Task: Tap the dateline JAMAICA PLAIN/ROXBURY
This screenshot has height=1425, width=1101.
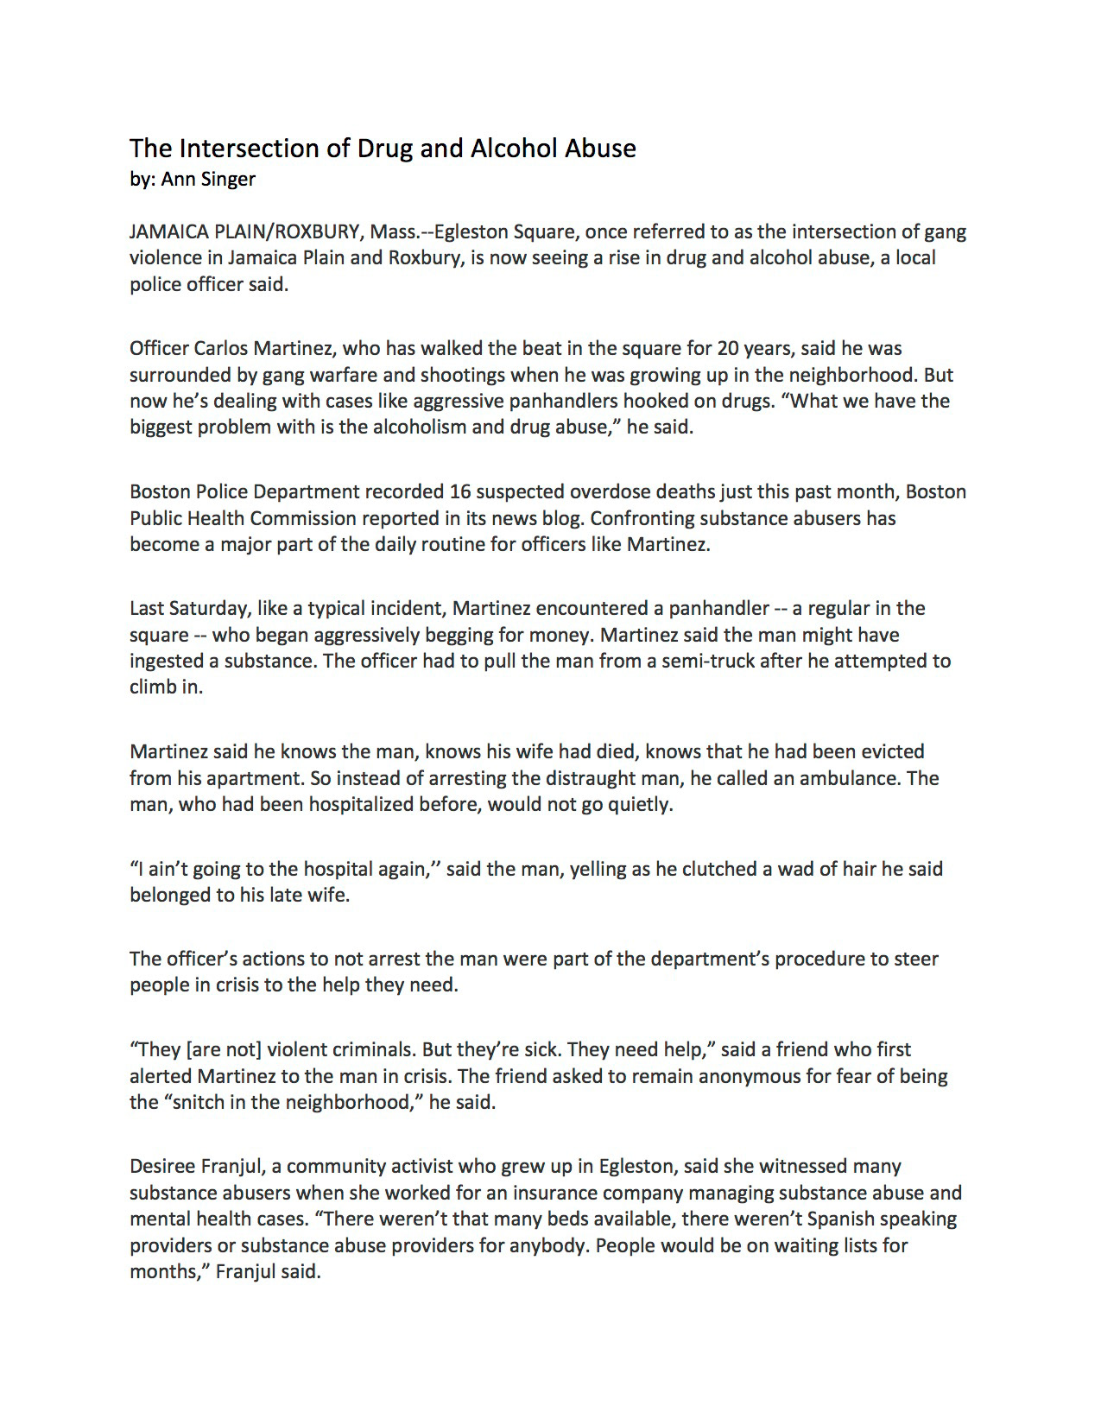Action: pos(244,231)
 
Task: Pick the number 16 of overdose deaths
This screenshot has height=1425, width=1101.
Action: pos(459,491)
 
